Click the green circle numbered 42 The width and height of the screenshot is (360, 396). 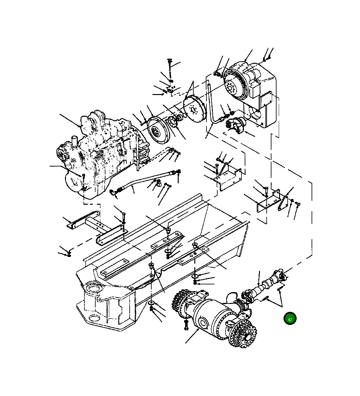(x=290, y=319)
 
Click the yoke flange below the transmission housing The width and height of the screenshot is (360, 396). (x=235, y=125)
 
